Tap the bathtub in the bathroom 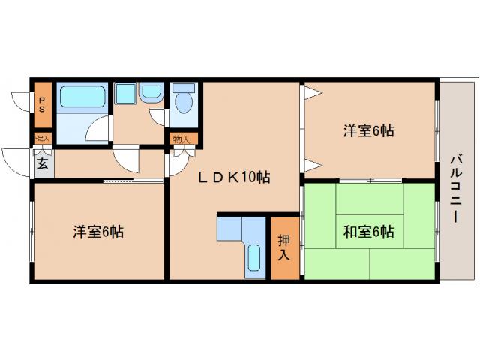tap(82, 97)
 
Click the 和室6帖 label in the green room tap(369, 231)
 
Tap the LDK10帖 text tap(234, 178)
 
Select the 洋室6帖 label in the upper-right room tap(369, 131)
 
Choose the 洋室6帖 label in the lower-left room tap(98, 231)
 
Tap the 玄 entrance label tap(43, 164)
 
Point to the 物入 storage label tap(181, 139)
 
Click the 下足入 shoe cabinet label tap(41, 139)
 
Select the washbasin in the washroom tap(151, 93)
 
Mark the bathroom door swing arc tap(97, 130)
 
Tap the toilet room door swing tap(160, 116)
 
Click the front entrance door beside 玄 tap(16, 159)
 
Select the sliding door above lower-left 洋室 tap(133, 181)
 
